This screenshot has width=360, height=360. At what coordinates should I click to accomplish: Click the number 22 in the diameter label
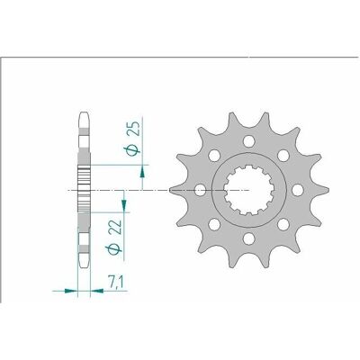pos(115,228)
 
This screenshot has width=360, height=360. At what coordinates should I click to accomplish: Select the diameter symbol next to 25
pos(133,150)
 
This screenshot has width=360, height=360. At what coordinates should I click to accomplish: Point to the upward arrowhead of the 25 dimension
pos(142,174)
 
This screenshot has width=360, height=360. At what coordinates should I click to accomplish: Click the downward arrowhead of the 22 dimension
pos(123,205)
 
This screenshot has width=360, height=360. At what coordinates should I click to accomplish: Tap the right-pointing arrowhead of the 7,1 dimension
pos(71,291)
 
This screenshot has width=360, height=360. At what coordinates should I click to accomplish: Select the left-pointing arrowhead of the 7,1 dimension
pos(97,291)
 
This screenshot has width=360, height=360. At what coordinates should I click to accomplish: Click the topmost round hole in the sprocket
pos(248,141)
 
